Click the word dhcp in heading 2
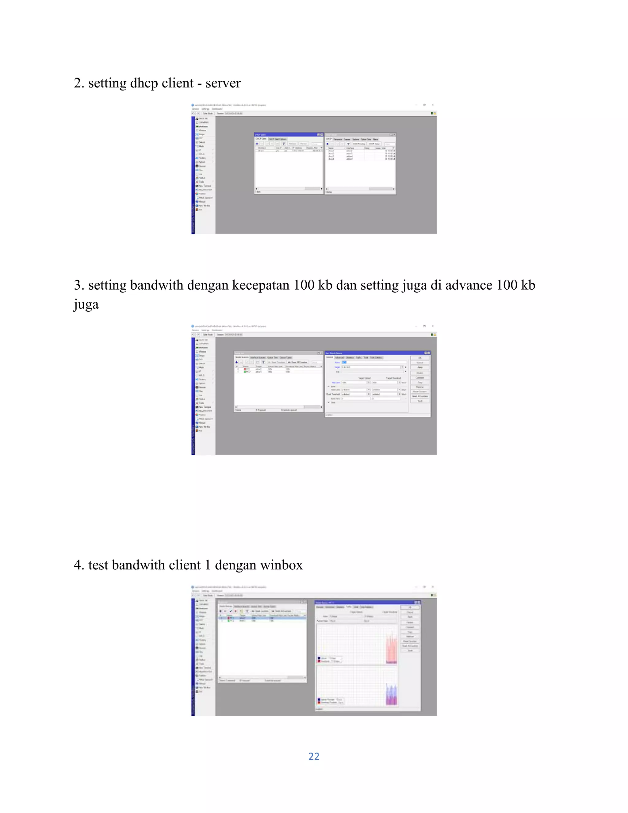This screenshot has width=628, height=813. [143, 83]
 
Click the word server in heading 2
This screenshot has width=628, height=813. [223, 83]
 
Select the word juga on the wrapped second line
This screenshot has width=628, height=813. [86, 305]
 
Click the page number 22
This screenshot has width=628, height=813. [314, 756]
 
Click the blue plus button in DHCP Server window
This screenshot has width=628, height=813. [327, 144]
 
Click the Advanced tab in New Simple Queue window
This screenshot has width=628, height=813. [339, 357]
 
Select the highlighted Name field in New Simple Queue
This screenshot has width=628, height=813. [344, 362]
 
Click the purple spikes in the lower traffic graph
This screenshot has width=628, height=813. [391, 696]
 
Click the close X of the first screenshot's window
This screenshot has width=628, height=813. [432, 105]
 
